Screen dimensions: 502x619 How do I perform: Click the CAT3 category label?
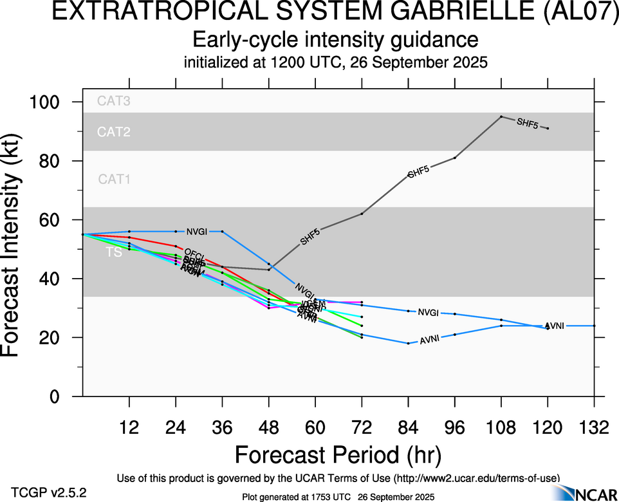coord(114,100)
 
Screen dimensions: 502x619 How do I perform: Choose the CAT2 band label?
coord(114,132)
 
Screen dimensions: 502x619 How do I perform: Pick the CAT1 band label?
coord(114,180)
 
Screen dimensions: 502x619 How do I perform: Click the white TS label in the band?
coord(114,253)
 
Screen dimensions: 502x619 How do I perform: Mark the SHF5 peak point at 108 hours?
coord(501,116)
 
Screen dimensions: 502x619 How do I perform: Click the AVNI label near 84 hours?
coord(429,340)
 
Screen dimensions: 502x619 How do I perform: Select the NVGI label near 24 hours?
coord(196,232)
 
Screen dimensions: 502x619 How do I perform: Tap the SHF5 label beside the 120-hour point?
coord(527,124)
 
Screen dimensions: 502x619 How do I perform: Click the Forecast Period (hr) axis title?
coord(338,454)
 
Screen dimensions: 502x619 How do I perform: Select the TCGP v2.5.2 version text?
coord(49,493)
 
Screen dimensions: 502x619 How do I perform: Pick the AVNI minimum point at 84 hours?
coord(408,343)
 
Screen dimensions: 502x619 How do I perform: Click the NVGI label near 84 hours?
coord(428,313)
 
